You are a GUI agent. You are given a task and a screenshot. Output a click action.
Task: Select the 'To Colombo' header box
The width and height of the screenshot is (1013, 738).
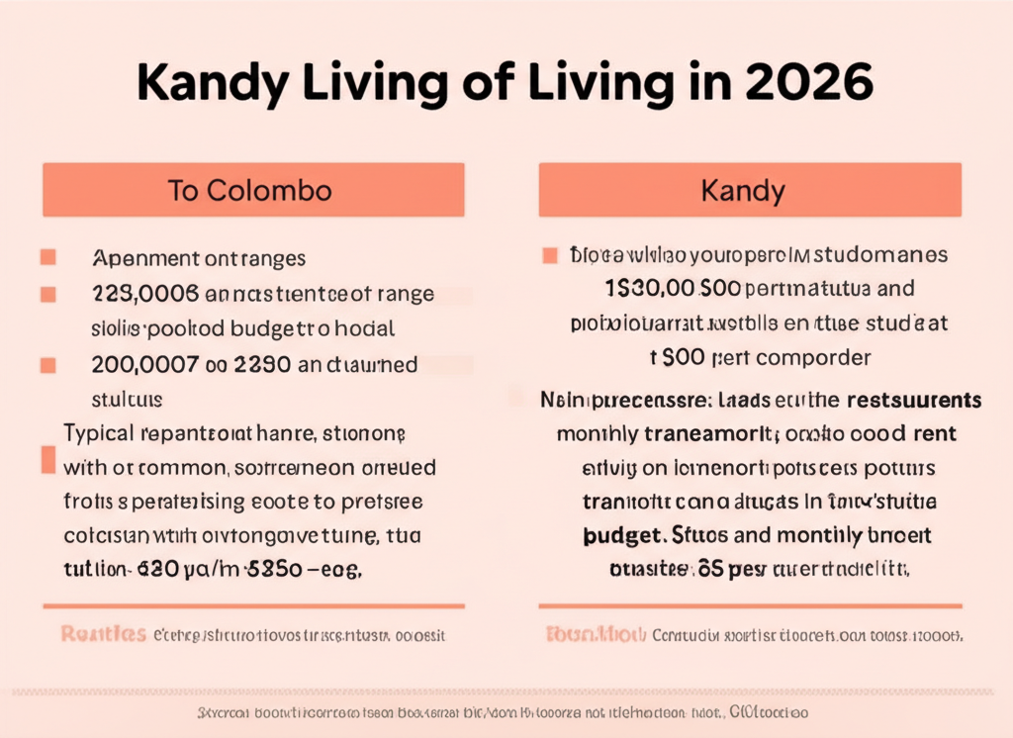click(x=253, y=190)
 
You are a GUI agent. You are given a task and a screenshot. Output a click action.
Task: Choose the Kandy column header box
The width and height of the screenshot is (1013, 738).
click(x=749, y=190)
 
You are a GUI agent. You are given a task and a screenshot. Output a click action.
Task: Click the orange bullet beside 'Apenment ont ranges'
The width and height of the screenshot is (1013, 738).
click(x=46, y=258)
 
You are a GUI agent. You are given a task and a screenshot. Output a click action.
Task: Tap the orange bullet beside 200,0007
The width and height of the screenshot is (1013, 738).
click(x=46, y=365)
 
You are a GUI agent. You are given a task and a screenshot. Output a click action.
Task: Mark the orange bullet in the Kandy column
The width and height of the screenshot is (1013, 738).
click(x=549, y=256)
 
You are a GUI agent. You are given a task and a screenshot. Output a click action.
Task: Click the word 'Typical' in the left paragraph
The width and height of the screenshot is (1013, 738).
click(x=100, y=433)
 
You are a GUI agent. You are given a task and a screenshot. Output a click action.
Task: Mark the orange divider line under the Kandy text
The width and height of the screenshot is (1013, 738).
click(x=749, y=605)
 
